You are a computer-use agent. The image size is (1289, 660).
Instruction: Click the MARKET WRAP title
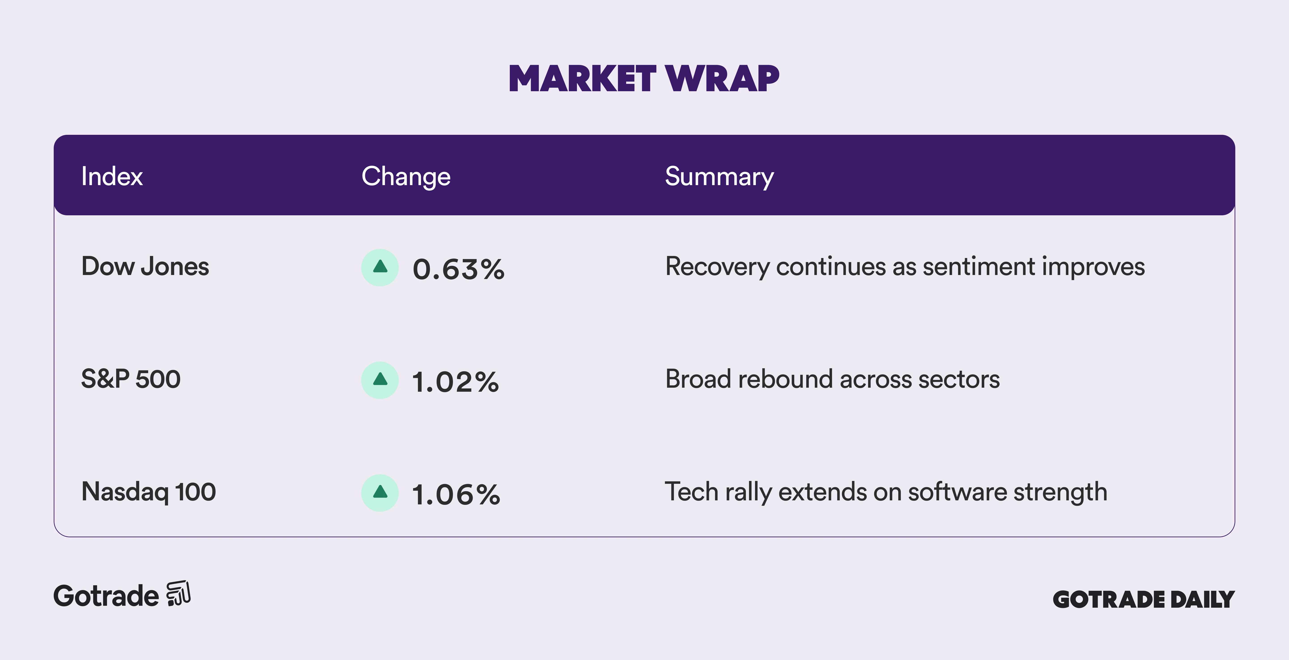click(644, 79)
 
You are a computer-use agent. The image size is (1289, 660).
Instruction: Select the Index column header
click(112, 176)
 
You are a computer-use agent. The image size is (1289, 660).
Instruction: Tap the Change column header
click(406, 176)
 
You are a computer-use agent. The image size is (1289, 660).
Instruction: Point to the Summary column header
click(719, 176)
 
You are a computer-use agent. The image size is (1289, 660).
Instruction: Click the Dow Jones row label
click(145, 267)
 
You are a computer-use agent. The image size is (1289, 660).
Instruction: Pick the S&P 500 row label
click(131, 379)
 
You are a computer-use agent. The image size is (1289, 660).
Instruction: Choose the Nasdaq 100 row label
click(149, 491)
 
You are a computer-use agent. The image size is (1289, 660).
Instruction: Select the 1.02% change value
click(455, 382)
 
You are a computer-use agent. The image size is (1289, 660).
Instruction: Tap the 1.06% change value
click(456, 495)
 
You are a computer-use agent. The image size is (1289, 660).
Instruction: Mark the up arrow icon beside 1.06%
click(380, 493)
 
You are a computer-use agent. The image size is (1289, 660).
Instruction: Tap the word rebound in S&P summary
click(786, 379)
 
